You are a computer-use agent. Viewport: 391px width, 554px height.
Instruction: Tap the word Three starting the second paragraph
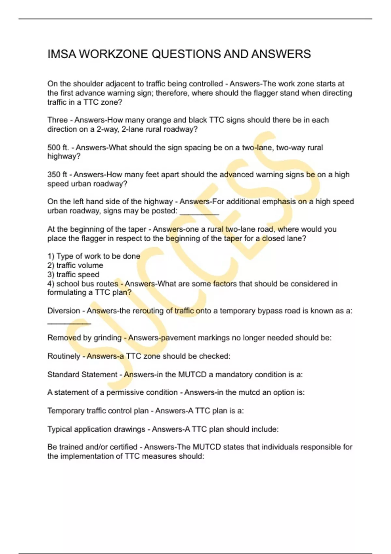click(x=57, y=120)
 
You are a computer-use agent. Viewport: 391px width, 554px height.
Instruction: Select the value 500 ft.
click(x=58, y=147)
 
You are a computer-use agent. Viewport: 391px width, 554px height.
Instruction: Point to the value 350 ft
click(x=57, y=175)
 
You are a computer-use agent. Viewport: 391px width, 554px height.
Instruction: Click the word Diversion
click(x=64, y=311)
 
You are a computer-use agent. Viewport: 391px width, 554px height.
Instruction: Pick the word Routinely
click(x=64, y=356)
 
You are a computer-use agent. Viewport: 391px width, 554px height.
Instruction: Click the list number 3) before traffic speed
click(x=51, y=274)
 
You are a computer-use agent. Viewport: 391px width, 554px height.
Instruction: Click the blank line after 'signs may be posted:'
click(x=199, y=214)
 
